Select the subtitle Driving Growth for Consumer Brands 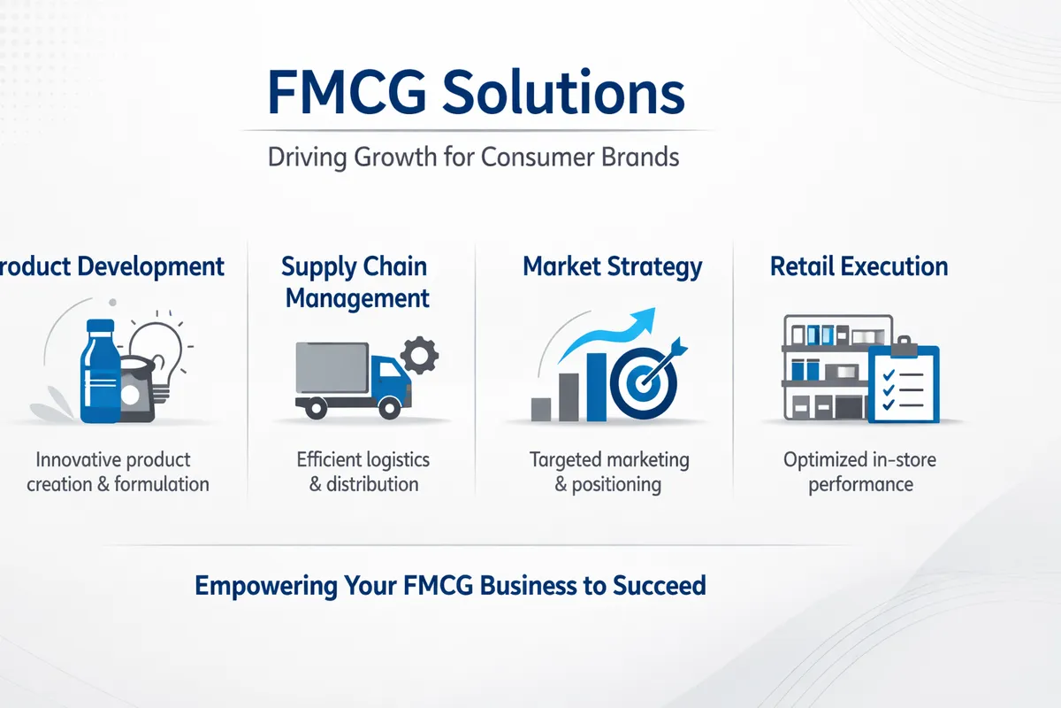click(x=474, y=158)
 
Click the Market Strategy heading click(x=613, y=266)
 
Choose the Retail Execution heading click(x=859, y=266)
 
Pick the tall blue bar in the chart click(x=597, y=387)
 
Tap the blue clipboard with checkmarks click(x=903, y=384)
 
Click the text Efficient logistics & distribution click(x=363, y=472)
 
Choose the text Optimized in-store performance click(x=859, y=472)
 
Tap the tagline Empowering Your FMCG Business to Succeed click(x=450, y=586)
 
